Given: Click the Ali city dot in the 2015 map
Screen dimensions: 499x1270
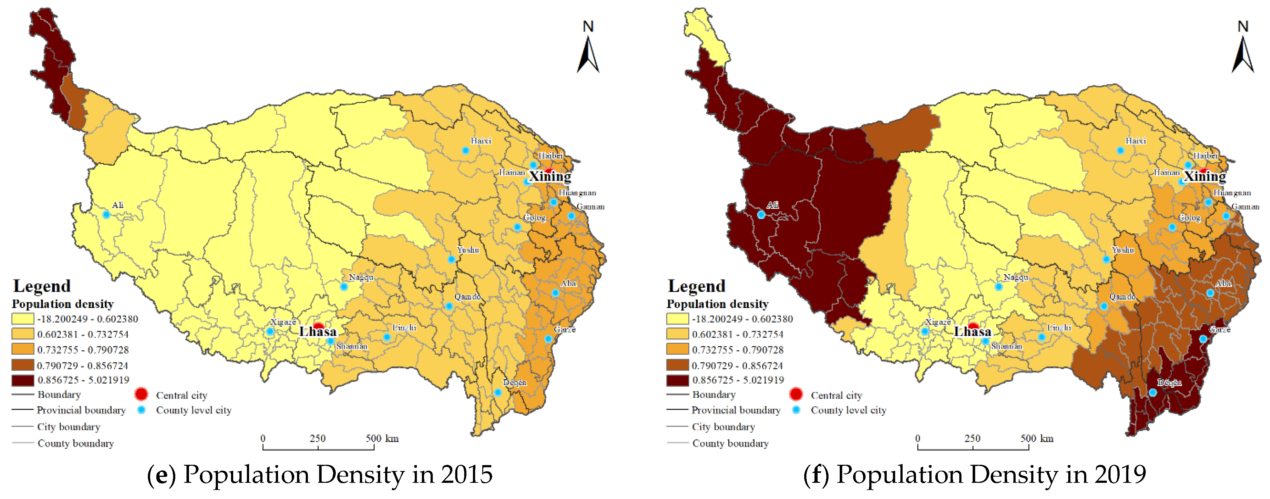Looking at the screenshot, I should [106, 214].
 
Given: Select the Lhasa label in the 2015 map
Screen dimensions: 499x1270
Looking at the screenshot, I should [318, 332].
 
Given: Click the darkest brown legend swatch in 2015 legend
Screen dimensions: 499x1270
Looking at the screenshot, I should [23, 380].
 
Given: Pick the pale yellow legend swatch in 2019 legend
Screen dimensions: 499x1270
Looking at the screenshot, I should [677, 319].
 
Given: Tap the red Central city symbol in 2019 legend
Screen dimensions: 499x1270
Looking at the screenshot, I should [796, 394].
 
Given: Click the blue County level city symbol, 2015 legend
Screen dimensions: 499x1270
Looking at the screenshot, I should [141, 410].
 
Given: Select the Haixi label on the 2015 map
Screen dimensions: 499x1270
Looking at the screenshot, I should [481, 141].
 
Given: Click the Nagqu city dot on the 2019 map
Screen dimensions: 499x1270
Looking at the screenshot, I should [999, 287].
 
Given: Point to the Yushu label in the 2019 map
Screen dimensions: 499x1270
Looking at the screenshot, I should [1123, 250].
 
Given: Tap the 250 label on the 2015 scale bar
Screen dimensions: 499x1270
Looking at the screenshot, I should [318, 438].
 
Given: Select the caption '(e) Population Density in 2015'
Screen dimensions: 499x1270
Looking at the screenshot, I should [319, 474].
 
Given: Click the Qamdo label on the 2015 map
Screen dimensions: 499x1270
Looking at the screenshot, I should [467, 296].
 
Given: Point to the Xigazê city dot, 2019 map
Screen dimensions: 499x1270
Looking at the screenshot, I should [924, 332].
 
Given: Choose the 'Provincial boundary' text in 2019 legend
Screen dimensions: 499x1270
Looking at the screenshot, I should [736, 410].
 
